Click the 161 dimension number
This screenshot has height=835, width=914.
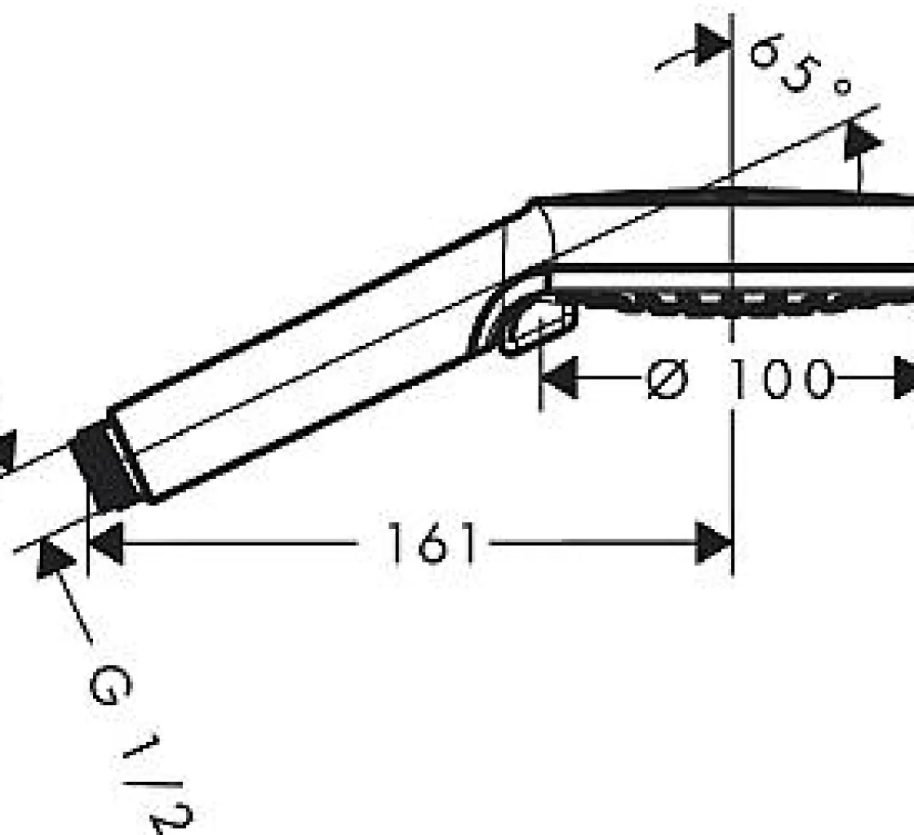click(432, 543)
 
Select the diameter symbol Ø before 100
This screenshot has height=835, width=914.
click(668, 379)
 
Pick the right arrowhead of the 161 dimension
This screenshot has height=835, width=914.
click(713, 544)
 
